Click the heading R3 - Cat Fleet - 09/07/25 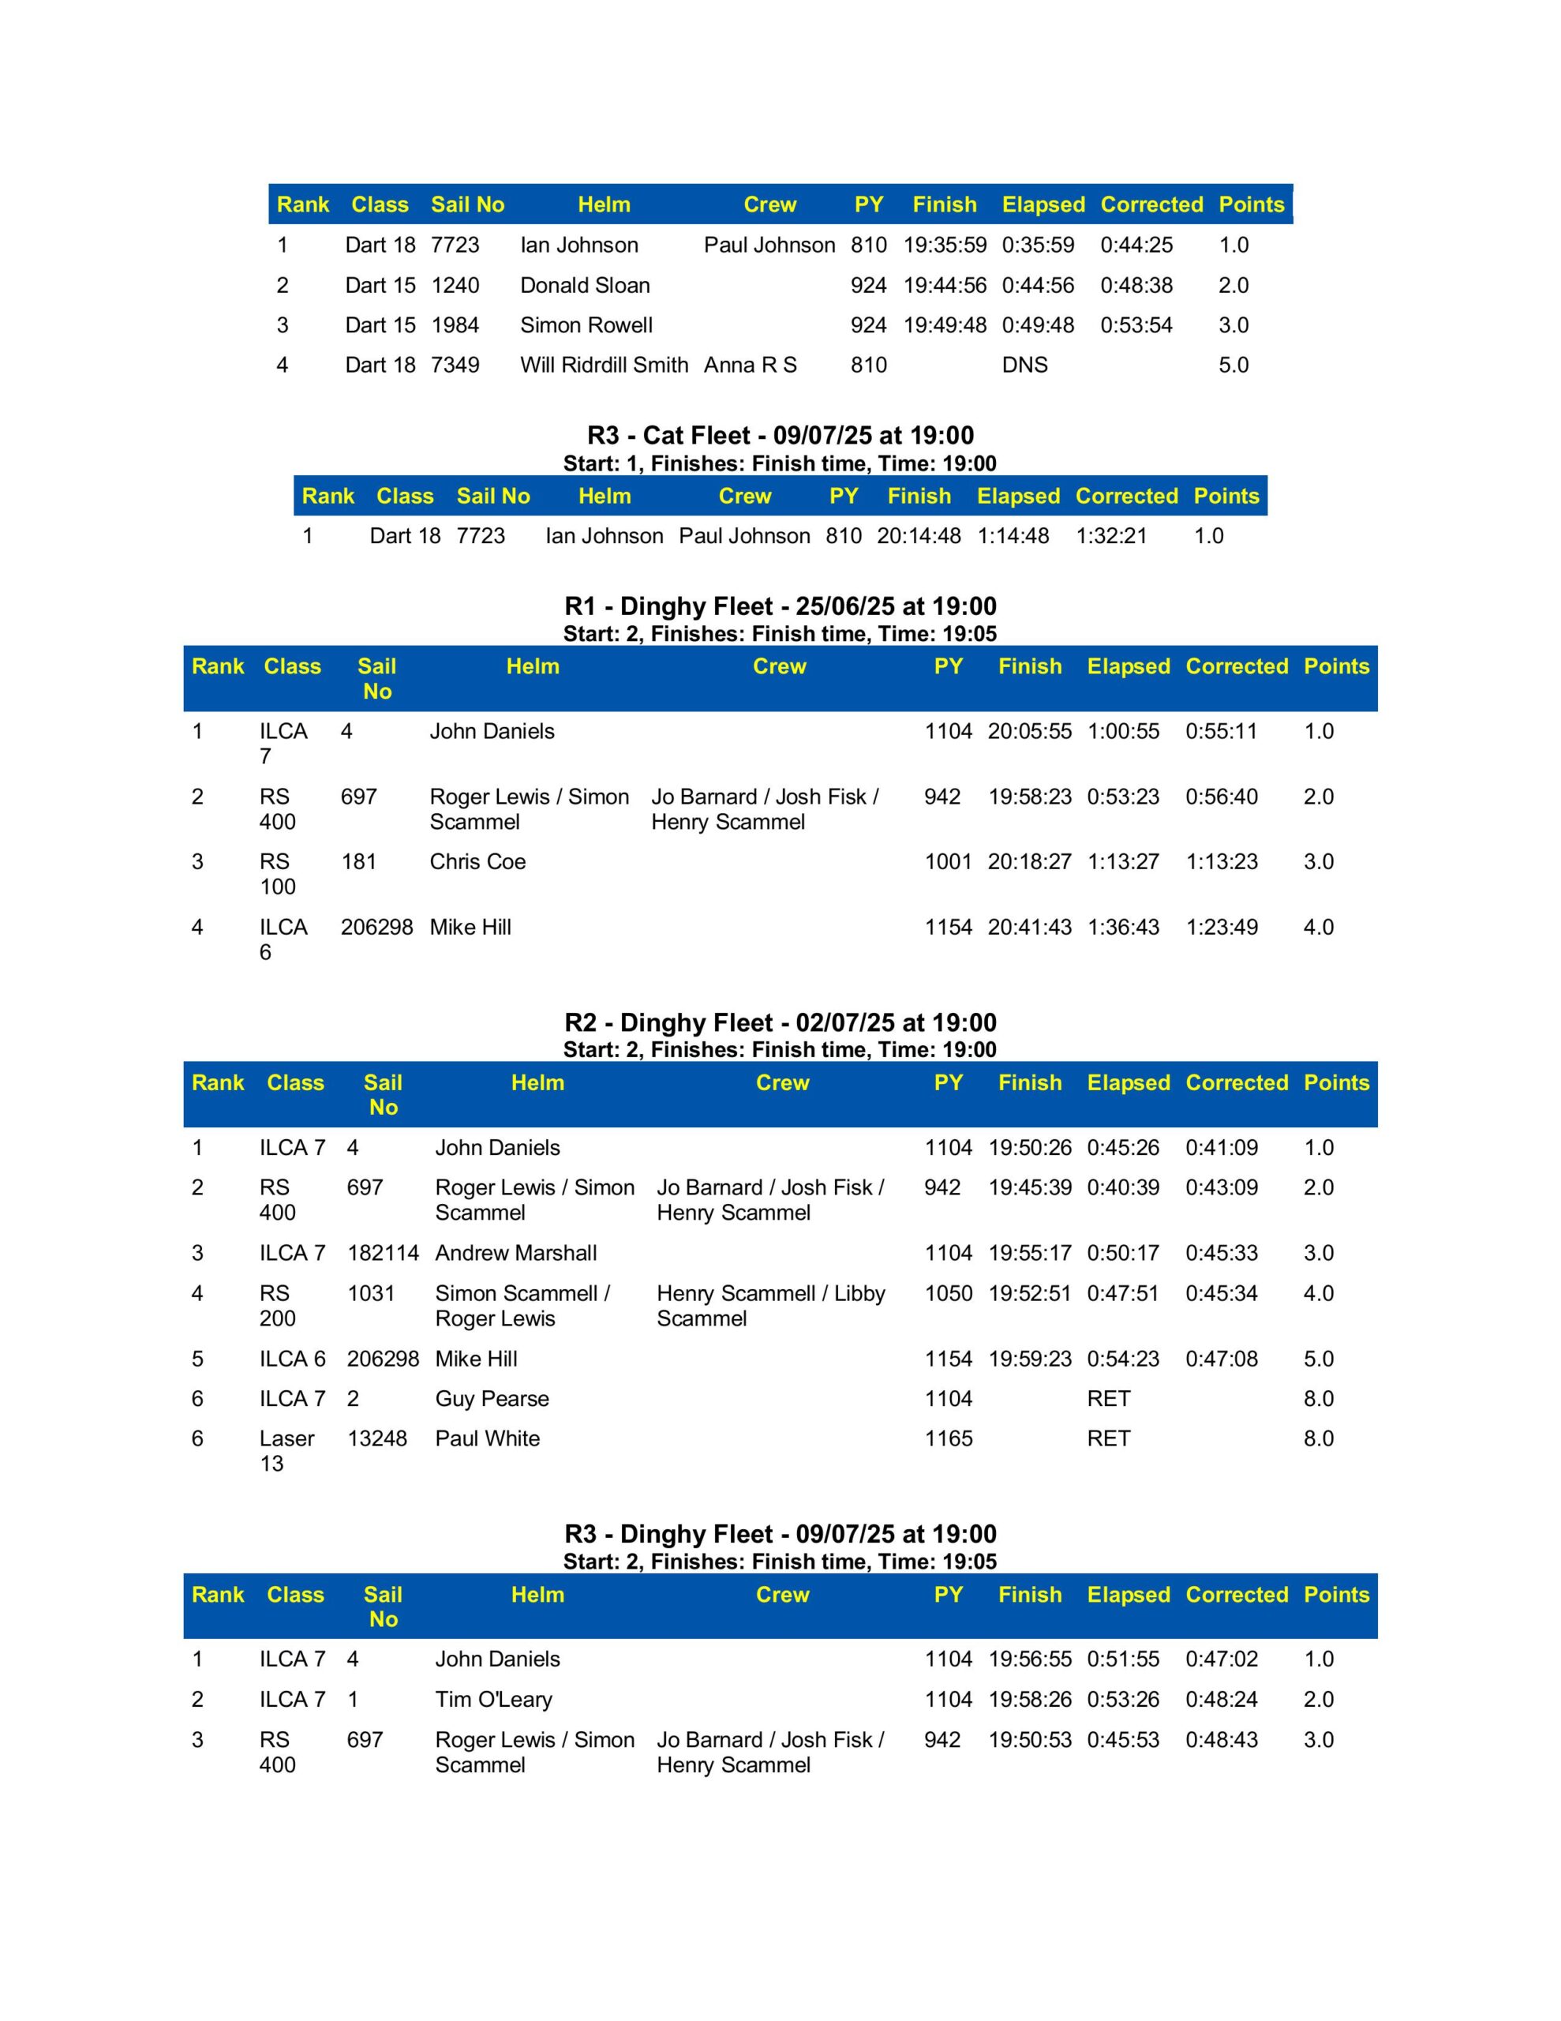[x=780, y=435]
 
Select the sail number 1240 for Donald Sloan [x=455, y=285]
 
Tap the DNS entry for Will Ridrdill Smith [x=1024, y=365]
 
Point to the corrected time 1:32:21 [x=1110, y=536]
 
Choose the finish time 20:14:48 [x=918, y=536]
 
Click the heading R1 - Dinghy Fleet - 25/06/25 [x=780, y=606]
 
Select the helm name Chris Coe [x=477, y=861]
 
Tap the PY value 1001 [x=948, y=861]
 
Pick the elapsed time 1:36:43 [x=1122, y=928]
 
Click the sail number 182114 [x=383, y=1253]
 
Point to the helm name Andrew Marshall [x=515, y=1253]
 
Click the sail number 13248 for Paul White [x=376, y=1438]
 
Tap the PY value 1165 [x=948, y=1438]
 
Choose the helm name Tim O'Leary [x=493, y=1699]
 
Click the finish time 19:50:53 [x=1029, y=1740]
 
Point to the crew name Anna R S [x=750, y=365]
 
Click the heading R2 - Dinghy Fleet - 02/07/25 [x=780, y=1022]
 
